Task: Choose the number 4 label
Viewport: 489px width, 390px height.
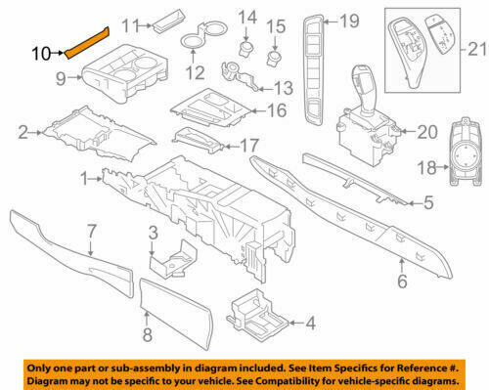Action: click(x=310, y=323)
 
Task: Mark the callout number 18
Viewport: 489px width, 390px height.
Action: click(x=426, y=168)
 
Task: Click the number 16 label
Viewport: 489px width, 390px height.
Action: click(x=277, y=110)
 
